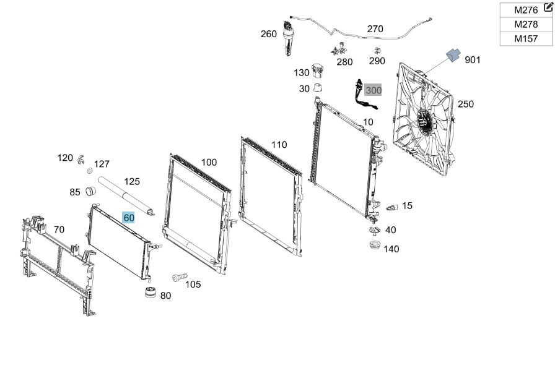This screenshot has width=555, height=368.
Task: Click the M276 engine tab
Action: click(x=526, y=10)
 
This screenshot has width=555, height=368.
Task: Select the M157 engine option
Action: click(x=526, y=38)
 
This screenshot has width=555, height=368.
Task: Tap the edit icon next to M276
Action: click(x=548, y=7)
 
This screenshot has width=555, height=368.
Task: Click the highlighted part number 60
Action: click(x=128, y=218)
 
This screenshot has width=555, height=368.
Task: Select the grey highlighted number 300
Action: click(x=373, y=90)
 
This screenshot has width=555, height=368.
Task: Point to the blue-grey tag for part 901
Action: click(x=453, y=55)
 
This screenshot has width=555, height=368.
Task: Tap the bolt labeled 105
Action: click(x=180, y=277)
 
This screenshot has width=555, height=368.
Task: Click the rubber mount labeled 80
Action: click(x=151, y=293)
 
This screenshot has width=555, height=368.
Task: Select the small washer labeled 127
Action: click(x=90, y=171)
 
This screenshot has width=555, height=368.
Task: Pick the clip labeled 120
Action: click(x=81, y=160)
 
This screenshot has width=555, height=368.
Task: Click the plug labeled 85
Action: click(x=91, y=191)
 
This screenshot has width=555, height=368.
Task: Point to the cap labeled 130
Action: click(x=317, y=71)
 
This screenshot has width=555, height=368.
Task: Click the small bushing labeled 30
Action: click(x=318, y=87)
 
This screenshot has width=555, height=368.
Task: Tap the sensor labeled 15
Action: click(x=392, y=208)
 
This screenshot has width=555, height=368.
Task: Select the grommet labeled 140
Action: click(x=375, y=245)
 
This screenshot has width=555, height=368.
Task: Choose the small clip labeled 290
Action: click(x=377, y=51)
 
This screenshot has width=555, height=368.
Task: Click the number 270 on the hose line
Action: click(x=375, y=28)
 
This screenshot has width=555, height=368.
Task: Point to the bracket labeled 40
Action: click(x=375, y=230)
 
